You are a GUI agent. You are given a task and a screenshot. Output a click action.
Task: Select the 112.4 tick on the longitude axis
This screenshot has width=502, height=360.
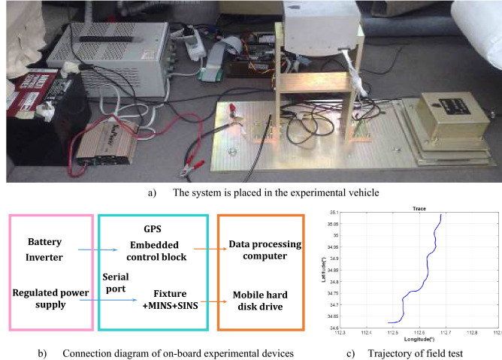pyautogui.click(x=367, y=333)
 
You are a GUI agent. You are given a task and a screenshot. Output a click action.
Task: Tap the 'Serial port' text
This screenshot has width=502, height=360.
pyautogui.click(x=116, y=283)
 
